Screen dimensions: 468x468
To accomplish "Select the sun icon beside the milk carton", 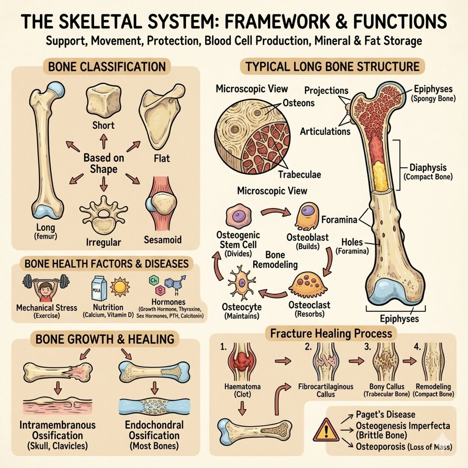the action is pos(120,287).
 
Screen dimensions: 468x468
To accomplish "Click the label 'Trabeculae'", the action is pos(300,174).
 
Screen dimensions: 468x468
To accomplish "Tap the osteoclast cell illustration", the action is pos(308,285).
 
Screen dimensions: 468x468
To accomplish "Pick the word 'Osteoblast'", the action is pos(308,237).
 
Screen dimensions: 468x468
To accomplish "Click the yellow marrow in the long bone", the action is pos(380,175).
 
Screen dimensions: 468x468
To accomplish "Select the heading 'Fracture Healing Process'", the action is pos(331,333).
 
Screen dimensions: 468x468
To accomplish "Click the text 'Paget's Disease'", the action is pos(385,414).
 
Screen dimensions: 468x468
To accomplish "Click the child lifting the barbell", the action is pos(46,288).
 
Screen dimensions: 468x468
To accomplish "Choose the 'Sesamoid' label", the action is pos(163,240).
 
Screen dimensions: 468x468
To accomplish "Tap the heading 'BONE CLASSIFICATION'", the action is pos(107,67).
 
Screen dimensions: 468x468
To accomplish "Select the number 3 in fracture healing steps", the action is pos(367,347).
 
